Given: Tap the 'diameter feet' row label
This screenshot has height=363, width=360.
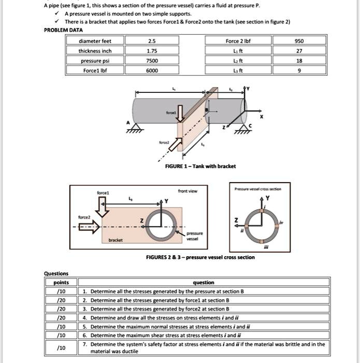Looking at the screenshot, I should point(94,41).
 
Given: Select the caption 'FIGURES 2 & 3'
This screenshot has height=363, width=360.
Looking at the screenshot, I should point(201,257).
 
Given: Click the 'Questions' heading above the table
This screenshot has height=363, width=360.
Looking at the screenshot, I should point(56,274).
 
